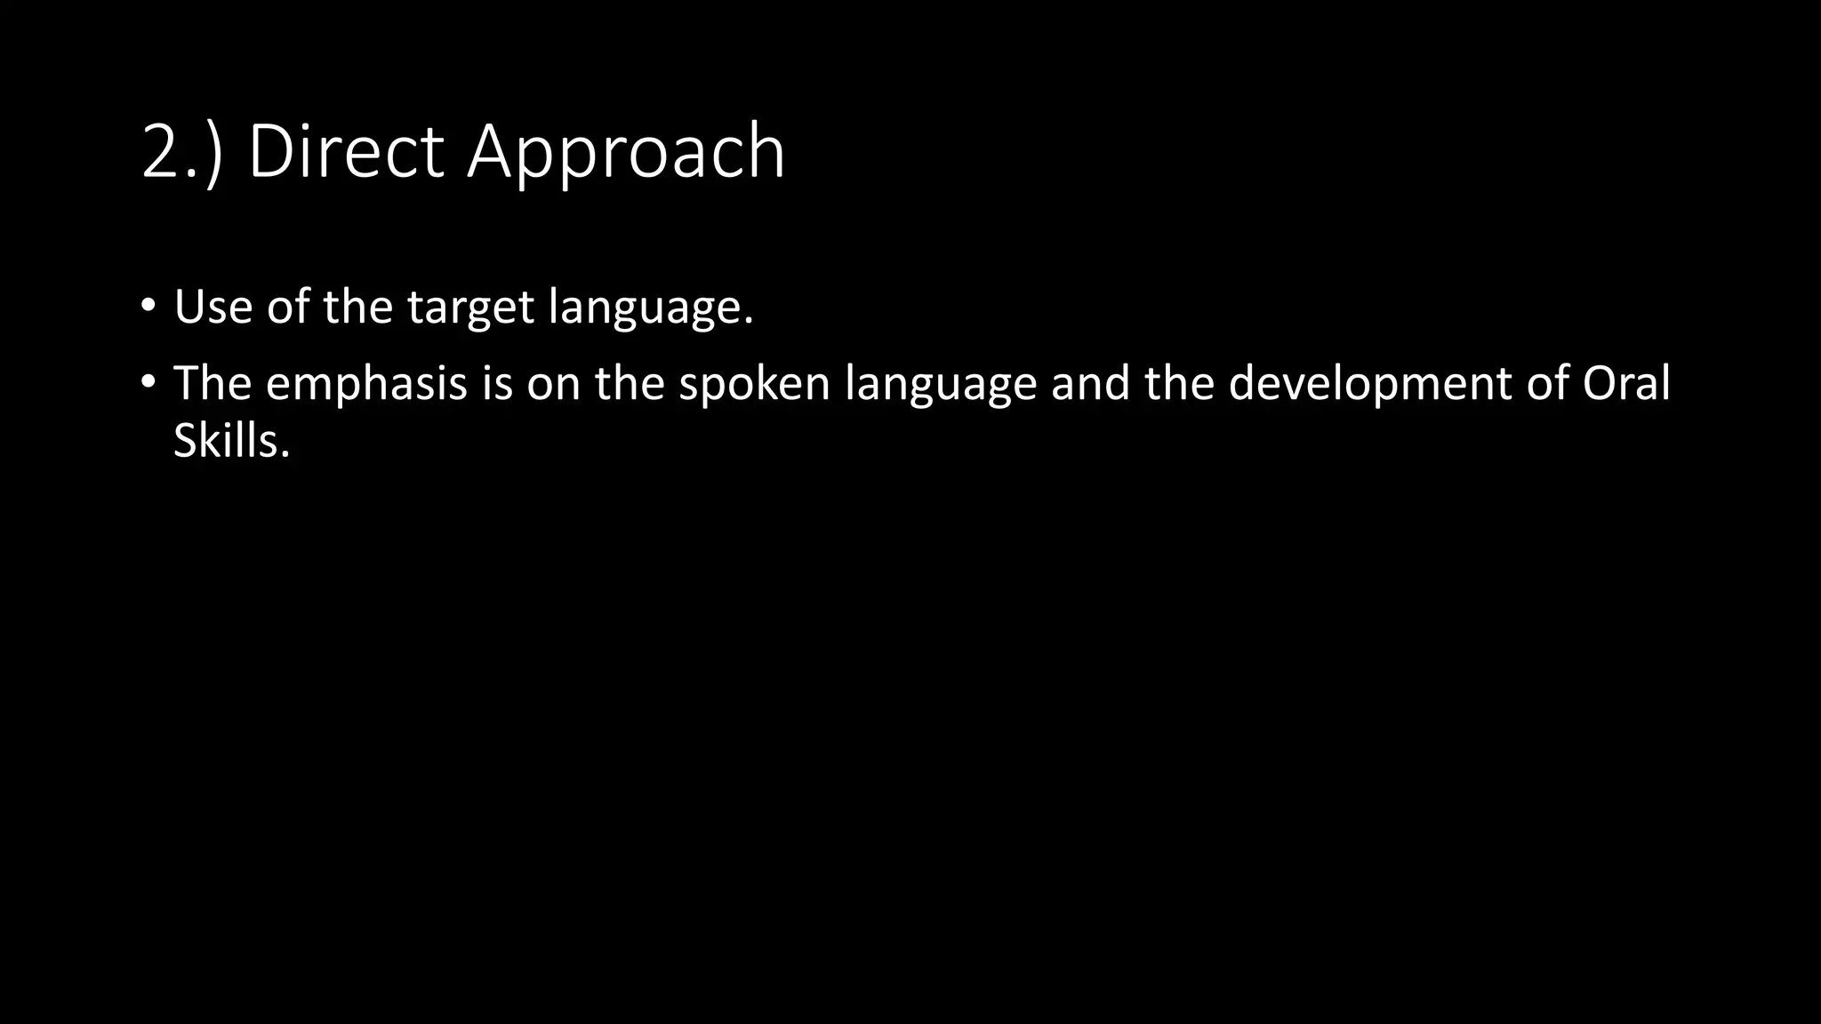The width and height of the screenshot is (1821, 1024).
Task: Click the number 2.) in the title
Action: click(181, 153)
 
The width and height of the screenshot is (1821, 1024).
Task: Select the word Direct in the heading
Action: click(345, 153)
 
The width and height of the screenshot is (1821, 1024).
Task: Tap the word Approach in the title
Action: click(626, 153)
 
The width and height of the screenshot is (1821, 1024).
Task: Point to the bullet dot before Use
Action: click(148, 307)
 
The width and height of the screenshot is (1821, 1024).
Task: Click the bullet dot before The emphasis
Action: click(148, 382)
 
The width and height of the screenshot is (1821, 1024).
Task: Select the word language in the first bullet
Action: click(650, 308)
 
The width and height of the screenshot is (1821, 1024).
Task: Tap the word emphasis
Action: click(366, 384)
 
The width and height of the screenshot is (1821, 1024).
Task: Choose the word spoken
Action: click(754, 384)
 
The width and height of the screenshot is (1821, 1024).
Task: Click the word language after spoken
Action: click(940, 384)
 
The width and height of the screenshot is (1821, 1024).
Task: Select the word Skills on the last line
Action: click(231, 440)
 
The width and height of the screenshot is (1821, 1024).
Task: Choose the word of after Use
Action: click(287, 307)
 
